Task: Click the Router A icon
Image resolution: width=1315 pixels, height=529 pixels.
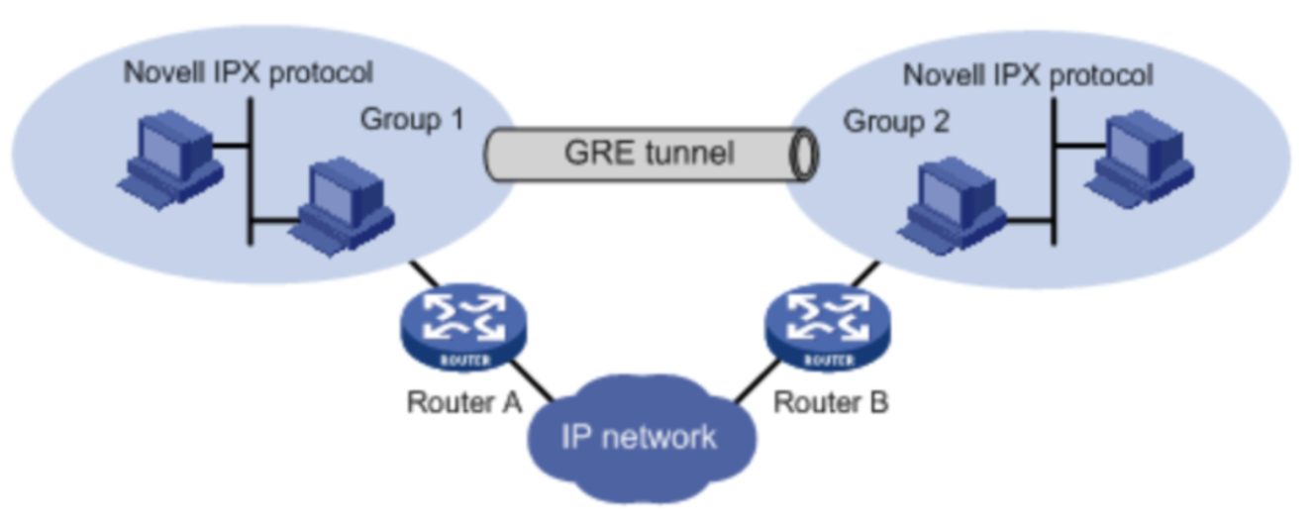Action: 463,328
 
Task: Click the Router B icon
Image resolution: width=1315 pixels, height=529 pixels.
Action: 828,328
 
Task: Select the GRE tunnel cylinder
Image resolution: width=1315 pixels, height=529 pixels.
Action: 650,154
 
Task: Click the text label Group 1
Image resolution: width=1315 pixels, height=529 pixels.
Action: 412,120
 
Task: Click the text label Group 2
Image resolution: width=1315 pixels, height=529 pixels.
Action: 895,122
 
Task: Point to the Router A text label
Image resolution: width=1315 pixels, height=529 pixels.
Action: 464,402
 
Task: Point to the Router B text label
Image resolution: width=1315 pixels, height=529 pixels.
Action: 831,402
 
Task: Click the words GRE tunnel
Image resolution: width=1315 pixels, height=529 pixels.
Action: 649,154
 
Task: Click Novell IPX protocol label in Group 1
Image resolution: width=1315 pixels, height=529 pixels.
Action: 249,72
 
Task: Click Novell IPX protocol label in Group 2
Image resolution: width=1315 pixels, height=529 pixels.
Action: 1029,75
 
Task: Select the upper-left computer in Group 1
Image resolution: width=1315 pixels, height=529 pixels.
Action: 169,161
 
